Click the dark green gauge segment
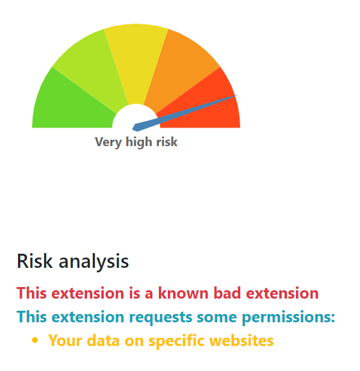point(71,106)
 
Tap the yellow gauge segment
point(136,59)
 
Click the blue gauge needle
point(185,113)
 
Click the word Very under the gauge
point(108,142)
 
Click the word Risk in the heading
point(35,261)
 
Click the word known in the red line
point(183,293)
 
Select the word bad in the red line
point(227,293)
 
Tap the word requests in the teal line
point(161,318)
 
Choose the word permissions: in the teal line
point(288,317)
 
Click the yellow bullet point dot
point(35,340)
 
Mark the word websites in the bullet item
point(241,341)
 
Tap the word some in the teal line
point(217,318)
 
